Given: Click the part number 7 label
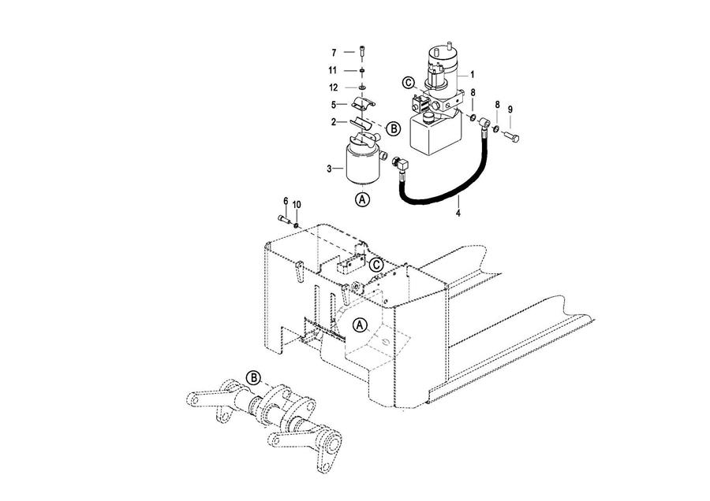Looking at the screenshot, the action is pyautogui.click(x=334, y=53).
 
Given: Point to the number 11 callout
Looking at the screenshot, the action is pyautogui.click(x=333, y=71).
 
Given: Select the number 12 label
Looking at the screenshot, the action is pyautogui.click(x=333, y=87).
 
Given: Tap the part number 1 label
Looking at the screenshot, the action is pyautogui.click(x=473, y=75).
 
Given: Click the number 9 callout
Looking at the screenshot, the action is pyautogui.click(x=510, y=109).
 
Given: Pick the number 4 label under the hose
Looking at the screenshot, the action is pyautogui.click(x=458, y=213).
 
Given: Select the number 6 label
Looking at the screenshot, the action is pyautogui.click(x=286, y=201).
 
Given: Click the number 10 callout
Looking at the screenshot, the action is pyautogui.click(x=297, y=205).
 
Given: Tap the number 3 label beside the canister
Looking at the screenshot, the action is pyautogui.click(x=329, y=169).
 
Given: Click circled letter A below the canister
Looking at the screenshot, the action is pyautogui.click(x=362, y=199).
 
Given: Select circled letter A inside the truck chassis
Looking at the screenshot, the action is pyautogui.click(x=360, y=325).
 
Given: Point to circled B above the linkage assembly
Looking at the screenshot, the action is pyautogui.click(x=253, y=377).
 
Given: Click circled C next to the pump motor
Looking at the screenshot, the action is pyautogui.click(x=409, y=83).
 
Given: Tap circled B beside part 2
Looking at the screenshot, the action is pyautogui.click(x=394, y=129).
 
